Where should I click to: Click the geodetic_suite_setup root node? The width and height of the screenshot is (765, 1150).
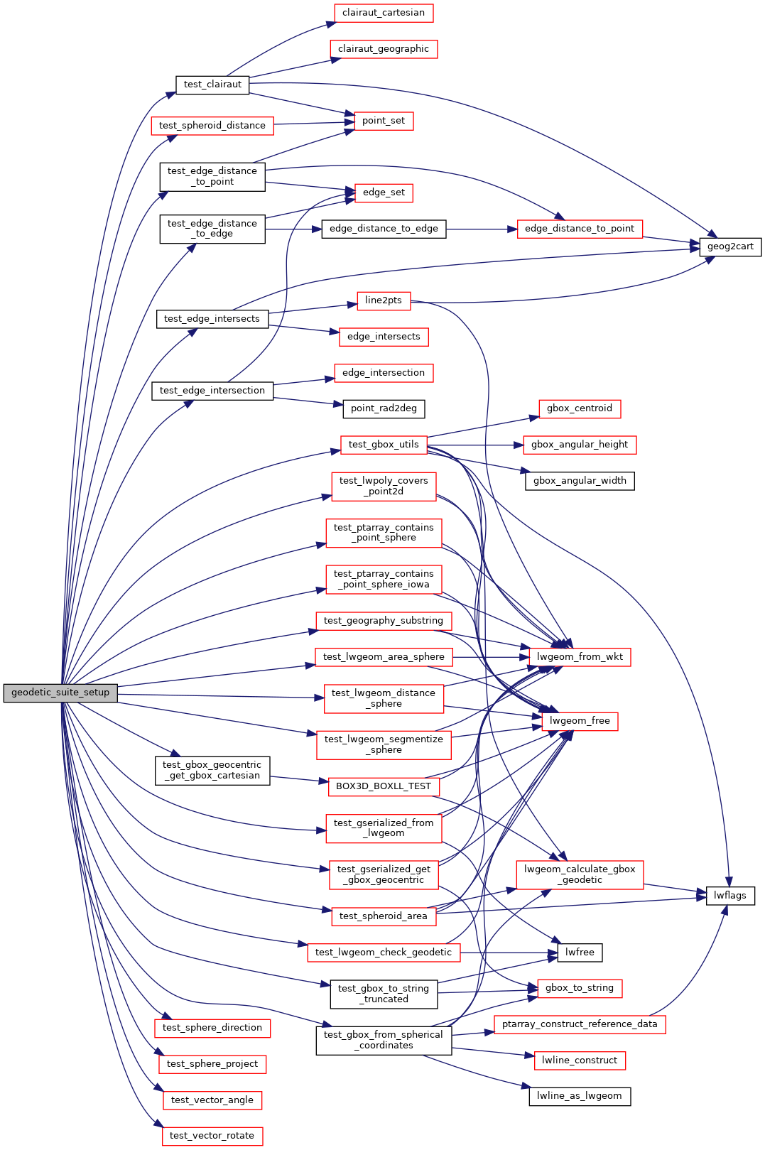(60, 693)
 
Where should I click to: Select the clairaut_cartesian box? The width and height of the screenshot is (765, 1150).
(384, 13)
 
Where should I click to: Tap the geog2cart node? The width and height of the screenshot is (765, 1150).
(730, 246)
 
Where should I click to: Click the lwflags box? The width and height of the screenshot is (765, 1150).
(730, 896)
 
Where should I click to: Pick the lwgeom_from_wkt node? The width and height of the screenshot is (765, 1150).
(580, 657)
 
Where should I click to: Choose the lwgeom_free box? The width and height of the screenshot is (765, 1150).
(580, 721)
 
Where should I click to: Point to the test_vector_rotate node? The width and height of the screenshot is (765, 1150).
(212, 1136)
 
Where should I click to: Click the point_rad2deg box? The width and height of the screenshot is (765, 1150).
(384, 408)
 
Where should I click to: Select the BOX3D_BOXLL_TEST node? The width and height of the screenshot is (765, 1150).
(384, 786)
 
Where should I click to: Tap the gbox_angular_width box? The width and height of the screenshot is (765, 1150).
(580, 481)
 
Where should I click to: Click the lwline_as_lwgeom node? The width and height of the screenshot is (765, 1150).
(580, 1096)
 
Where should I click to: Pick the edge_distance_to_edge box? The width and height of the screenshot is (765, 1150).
(384, 229)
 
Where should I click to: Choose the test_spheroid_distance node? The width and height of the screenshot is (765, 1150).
(212, 126)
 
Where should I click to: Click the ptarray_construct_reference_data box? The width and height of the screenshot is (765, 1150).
(580, 1024)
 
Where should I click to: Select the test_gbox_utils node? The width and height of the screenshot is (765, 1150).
(384, 445)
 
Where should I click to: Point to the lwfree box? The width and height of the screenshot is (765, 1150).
(580, 953)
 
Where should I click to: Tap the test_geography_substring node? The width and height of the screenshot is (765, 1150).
(384, 621)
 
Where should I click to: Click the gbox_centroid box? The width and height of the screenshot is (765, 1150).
(580, 408)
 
